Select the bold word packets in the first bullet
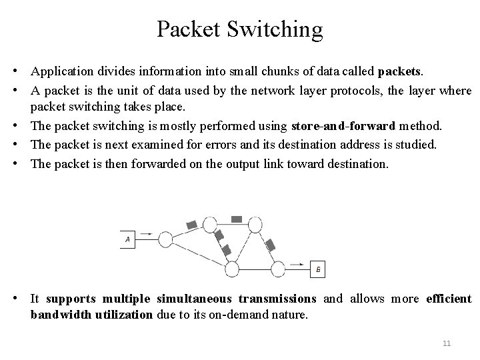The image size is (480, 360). coord(400,70)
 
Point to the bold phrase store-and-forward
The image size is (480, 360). coord(343,125)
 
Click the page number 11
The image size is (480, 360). coord(447,343)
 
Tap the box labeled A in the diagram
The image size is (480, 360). coord(128,238)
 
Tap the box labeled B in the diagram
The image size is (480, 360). coord(318,269)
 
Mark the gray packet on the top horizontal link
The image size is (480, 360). coord(236,219)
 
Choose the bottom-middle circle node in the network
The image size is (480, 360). coord(232,269)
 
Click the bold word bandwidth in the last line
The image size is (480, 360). coord(58,314)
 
